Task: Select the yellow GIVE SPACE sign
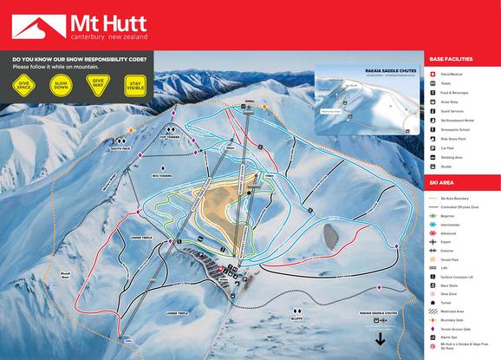[x=24, y=88]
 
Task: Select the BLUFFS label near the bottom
[x=272, y=319]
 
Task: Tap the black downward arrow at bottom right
[x=379, y=339]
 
